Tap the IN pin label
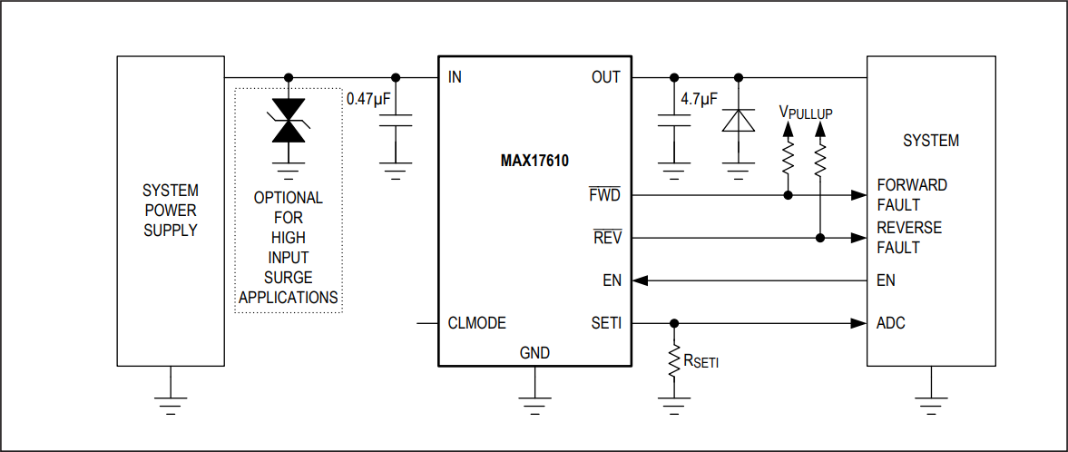tap(455, 77)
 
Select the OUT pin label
tap(605, 77)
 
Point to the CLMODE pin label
tap(476, 323)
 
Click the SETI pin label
tap(606, 323)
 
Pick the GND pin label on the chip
tap(534, 353)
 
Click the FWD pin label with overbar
tap(605, 195)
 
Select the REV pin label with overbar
tap(607, 238)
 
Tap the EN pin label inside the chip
tap(612, 280)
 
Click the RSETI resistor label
tap(702, 362)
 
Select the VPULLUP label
tap(805, 113)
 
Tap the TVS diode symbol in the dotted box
tap(289, 121)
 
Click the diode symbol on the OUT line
tap(738, 121)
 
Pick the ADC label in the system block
tap(890, 323)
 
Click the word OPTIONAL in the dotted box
tap(288, 198)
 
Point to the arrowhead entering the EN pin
tap(640, 280)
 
